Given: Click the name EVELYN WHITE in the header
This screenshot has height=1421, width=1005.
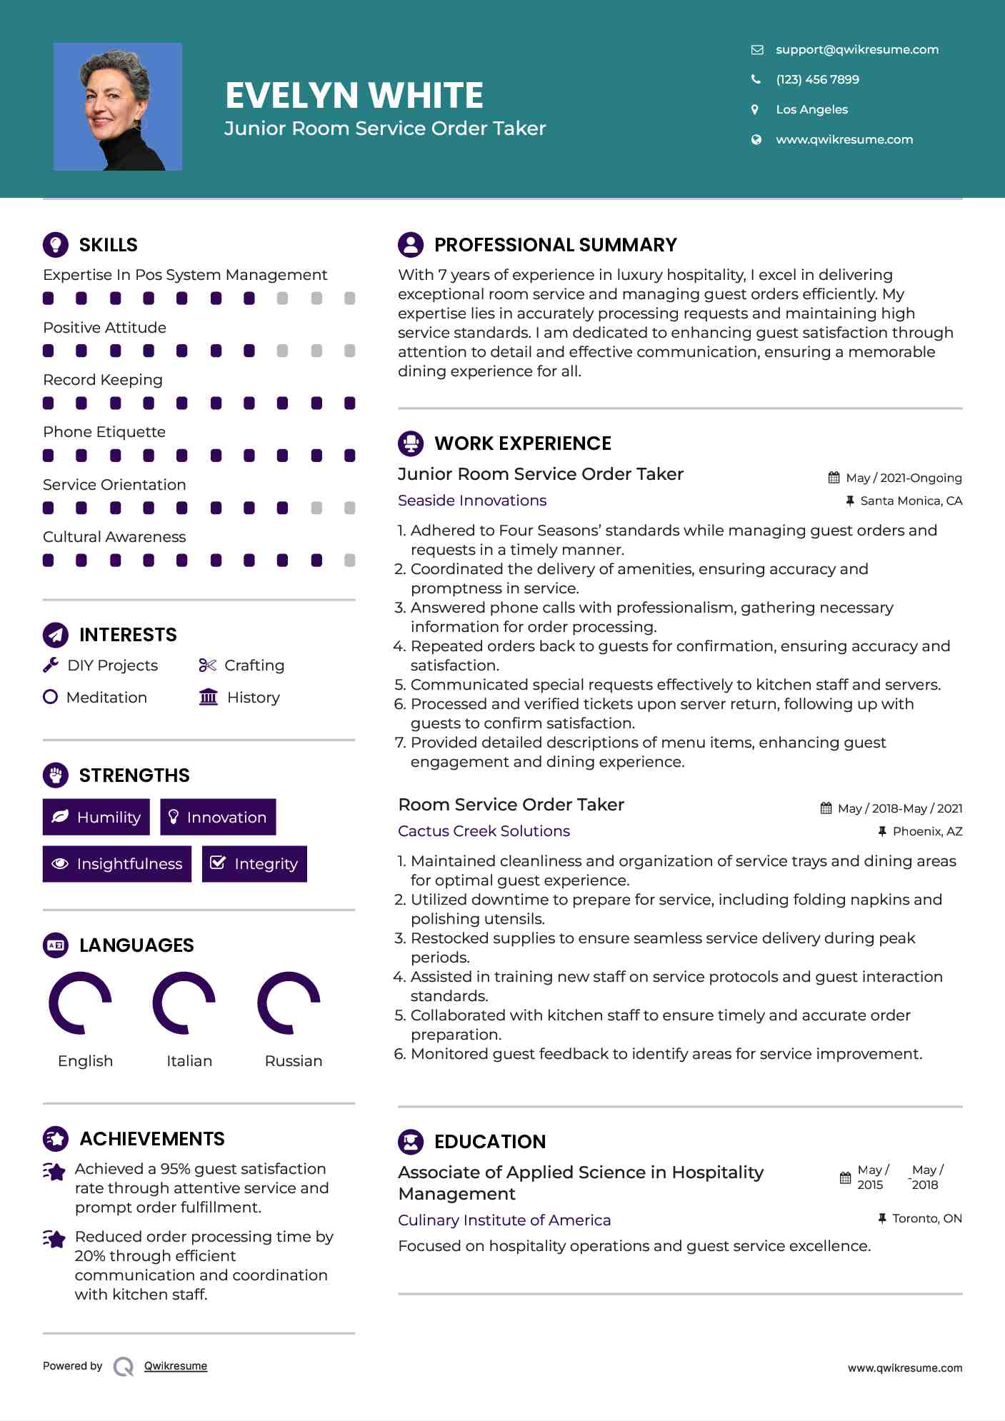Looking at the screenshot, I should pyautogui.click(x=354, y=95).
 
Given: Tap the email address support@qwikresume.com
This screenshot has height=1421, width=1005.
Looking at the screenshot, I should pyautogui.click(x=856, y=49).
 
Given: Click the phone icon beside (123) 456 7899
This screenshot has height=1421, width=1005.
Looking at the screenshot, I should pyautogui.click(x=756, y=79).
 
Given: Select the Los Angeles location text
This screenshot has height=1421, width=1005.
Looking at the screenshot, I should pyautogui.click(x=811, y=109).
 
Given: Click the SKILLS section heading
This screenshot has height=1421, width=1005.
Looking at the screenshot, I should pyautogui.click(x=108, y=245).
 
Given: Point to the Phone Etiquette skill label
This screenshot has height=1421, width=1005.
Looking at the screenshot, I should pyautogui.click(x=104, y=432).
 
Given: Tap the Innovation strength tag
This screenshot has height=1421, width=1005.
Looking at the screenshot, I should pyautogui.click(x=218, y=817).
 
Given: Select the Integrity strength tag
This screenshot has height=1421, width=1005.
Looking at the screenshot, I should pyautogui.click(x=254, y=864).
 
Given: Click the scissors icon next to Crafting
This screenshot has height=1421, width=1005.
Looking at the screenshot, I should pyautogui.click(x=207, y=666).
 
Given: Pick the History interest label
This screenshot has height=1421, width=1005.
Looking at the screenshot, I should pyautogui.click(x=253, y=698).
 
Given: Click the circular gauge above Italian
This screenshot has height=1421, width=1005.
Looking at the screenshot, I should pyautogui.click(x=184, y=1003).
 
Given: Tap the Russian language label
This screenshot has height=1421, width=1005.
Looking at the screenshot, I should pyautogui.click(x=293, y=1061).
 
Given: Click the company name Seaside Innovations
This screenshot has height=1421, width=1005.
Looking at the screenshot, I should pyautogui.click(x=472, y=501).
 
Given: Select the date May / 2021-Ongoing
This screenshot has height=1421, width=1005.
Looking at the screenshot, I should pyautogui.click(x=903, y=478).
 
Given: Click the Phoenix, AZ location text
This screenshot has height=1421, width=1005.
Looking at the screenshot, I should pyautogui.click(x=927, y=831).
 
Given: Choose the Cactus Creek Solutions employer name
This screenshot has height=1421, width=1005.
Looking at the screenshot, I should pyautogui.click(x=484, y=831).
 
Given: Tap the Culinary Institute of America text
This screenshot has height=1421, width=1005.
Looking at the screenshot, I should pyautogui.click(x=504, y=1220).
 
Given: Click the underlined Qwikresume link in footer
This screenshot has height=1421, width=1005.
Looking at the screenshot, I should pyautogui.click(x=176, y=1366).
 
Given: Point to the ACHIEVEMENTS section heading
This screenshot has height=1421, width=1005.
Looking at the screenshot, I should pyautogui.click(x=151, y=1139).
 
